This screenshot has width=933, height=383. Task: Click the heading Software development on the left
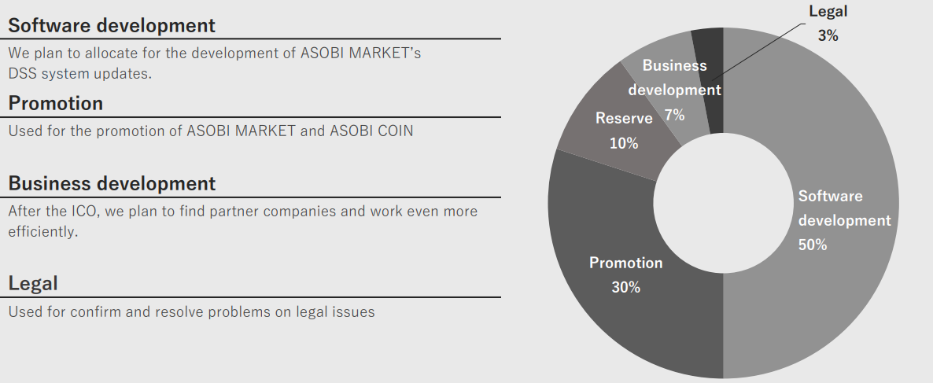click(112, 26)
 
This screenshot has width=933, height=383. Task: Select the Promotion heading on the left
click(55, 104)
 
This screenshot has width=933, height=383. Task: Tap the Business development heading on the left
click(112, 183)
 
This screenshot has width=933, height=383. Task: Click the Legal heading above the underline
click(33, 283)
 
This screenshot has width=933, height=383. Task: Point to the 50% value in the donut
click(813, 245)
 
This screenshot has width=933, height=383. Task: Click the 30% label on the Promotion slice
click(626, 287)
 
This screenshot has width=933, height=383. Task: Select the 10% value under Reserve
click(624, 143)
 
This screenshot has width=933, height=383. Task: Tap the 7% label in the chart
click(675, 115)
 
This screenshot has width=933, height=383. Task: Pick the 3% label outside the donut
click(828, 35)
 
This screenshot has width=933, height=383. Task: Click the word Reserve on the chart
click(624, 118)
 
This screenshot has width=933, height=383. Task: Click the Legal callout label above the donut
click(828, 11)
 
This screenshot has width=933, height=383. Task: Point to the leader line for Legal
click(758, 53)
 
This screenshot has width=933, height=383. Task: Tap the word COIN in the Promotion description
click(395, 131)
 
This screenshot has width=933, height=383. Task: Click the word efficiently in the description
click(42, 232)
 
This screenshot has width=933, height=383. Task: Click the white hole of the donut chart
click(724, 203)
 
